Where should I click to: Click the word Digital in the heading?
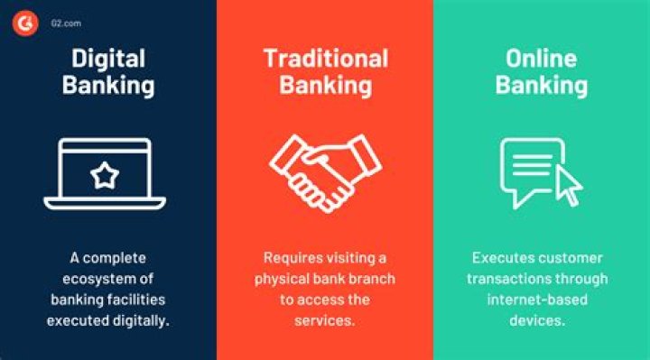pyautogui.click(x=108, y=58)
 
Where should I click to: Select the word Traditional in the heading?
pyautogui.click(x=325, y=58)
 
